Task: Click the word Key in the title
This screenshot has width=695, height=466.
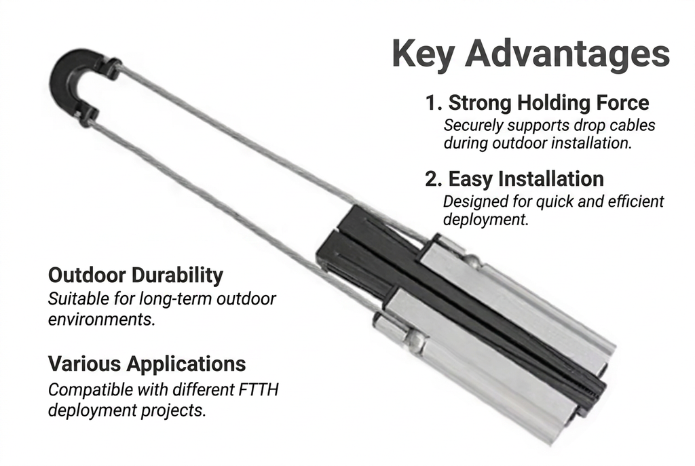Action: [424, 55]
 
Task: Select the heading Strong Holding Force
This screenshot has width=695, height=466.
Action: [548, 102]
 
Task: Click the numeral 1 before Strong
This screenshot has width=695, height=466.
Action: [430, 103]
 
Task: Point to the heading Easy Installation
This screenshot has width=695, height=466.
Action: [526, 178]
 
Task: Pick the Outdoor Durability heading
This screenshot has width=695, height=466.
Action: [136, 275]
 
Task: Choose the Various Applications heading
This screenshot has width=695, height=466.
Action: [147, 364]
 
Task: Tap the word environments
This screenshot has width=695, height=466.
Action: [102, 319]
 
